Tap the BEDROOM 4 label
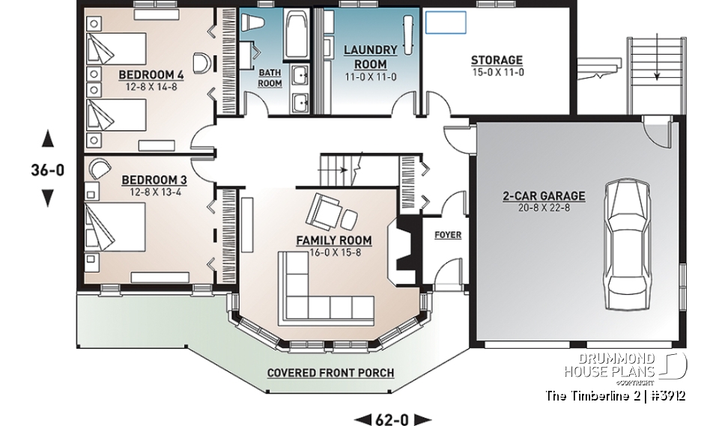[x=152, y=76]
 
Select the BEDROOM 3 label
[x=154, y=180]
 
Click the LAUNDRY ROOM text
[x=365, y=58]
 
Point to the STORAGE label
[x=497, y=61]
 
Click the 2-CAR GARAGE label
[x=544, y=197]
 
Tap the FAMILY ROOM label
[x=333, y=240]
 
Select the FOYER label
[x=448, y=234]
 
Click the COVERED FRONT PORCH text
[x=330, y=373]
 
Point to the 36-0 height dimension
[x=48, y=170]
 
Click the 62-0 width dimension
[x=392, y=419]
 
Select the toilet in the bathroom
[x=250, y=22]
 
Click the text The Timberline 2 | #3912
[x=615, y=395]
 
